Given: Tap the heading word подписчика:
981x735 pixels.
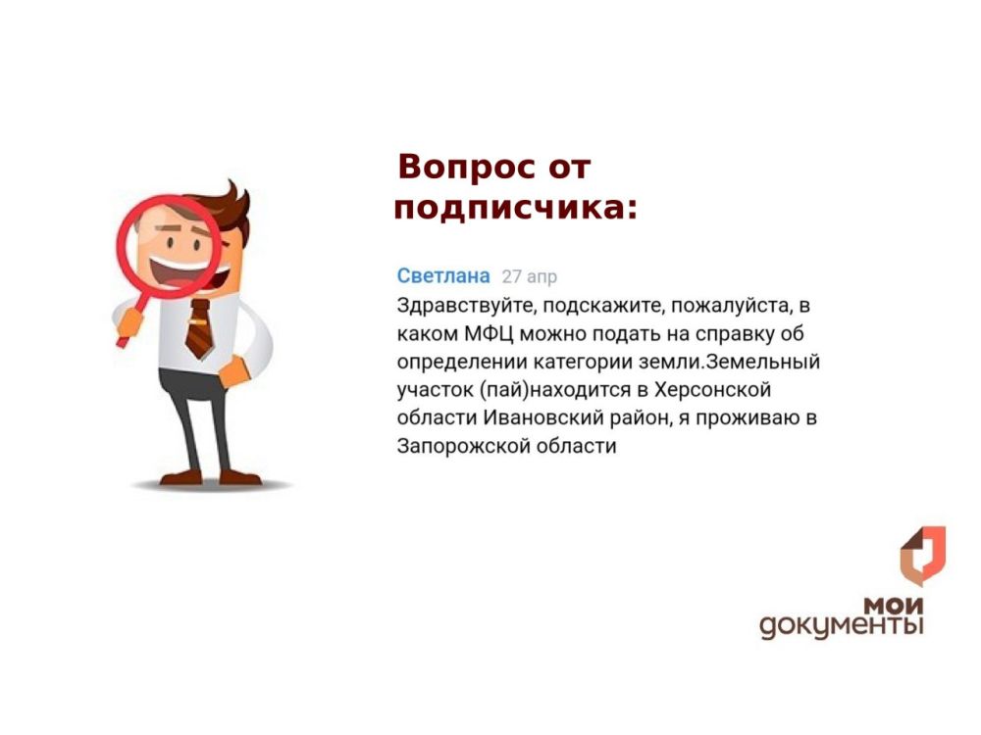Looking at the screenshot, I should click(x=515, y=209).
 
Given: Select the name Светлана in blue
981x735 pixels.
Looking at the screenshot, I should click(x=443, y=276).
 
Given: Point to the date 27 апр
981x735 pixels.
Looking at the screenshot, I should click(x=530, y=277).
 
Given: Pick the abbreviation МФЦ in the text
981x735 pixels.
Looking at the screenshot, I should click(x=484, y=333).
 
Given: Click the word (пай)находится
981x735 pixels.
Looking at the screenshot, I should click(x=553, y=390).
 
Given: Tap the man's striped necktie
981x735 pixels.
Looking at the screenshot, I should click(x=199, y=328).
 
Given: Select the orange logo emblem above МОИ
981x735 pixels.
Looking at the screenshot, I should click(x=922, y=556).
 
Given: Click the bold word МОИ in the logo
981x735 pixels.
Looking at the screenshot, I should click(x=894, y=606).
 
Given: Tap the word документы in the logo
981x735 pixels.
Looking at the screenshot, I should click(x=841, y=625).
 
